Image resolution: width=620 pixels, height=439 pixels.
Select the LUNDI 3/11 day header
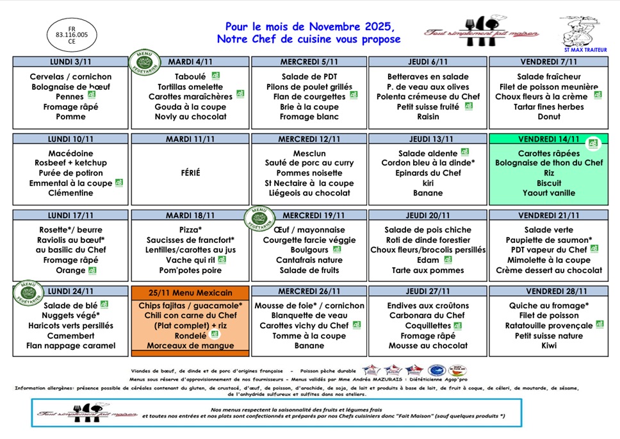[x=70, y=62]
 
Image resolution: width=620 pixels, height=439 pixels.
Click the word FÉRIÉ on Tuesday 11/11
[x=190, y=173]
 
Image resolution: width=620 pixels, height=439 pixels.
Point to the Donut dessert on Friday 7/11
[x=549, y=117]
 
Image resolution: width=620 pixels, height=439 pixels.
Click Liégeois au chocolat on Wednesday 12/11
[x=309, y=193]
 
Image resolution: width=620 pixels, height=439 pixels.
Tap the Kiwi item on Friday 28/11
[x=549, y=345]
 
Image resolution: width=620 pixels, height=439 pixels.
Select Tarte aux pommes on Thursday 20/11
[x=428, y=270]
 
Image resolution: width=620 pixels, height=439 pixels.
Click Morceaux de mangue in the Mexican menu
[x=190, y=345]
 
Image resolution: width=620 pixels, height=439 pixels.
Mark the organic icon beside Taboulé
[x=216, y=76]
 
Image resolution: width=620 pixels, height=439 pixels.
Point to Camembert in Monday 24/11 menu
[x=70, y=335]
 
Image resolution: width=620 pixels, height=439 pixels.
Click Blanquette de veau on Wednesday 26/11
[x=309, y=315]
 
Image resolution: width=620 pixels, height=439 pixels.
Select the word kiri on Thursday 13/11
[x=428, y=183]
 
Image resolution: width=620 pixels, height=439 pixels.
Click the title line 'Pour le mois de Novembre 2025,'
[x=309, y=27]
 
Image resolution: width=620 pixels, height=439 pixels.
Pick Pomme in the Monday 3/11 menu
[x=70, y=117]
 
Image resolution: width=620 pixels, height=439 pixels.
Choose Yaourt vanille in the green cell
[x=549, y=193]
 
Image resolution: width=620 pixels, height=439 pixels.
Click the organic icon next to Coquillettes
[x=457, y=326]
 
